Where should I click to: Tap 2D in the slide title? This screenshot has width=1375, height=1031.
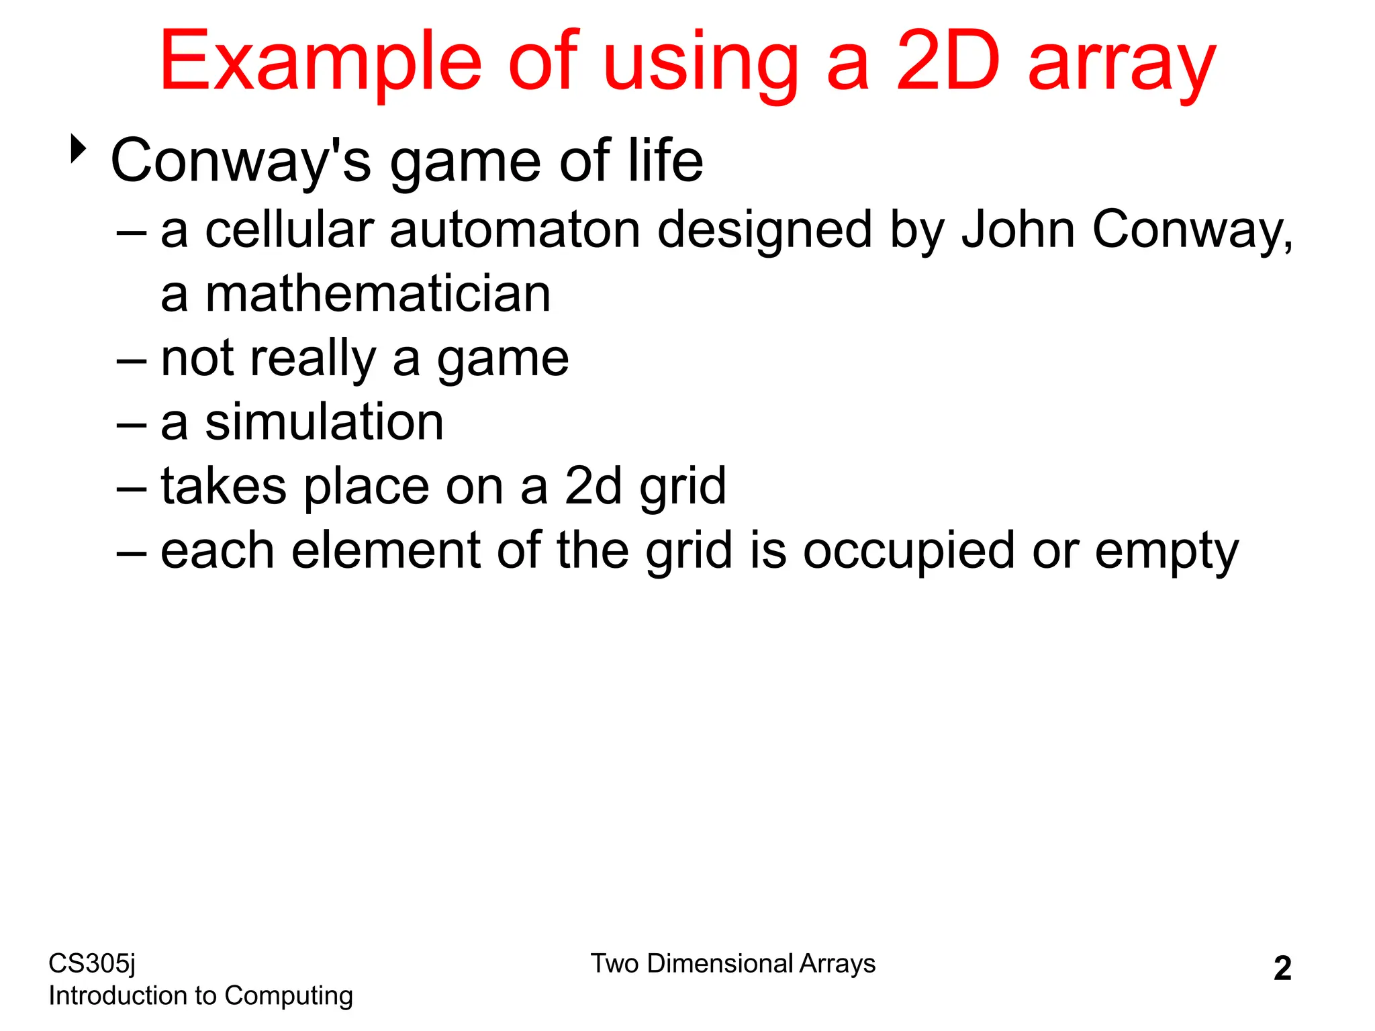click(x=947, y=62)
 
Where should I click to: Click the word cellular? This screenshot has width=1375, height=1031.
click(x=289, y=230)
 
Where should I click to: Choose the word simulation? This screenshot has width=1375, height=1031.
click(x=324, y=422)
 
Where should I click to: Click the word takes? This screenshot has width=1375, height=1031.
click(x=224, y=486)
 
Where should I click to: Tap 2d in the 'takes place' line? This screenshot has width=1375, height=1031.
click(x=594, y=486)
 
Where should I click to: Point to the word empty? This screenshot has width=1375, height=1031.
click(x=1167, y=552)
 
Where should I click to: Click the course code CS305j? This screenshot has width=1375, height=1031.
click(x=92, y=964)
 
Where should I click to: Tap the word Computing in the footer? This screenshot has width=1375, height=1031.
click(x=289, y=996)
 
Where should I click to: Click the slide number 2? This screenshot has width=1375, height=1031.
click(x=1282, y=969)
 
